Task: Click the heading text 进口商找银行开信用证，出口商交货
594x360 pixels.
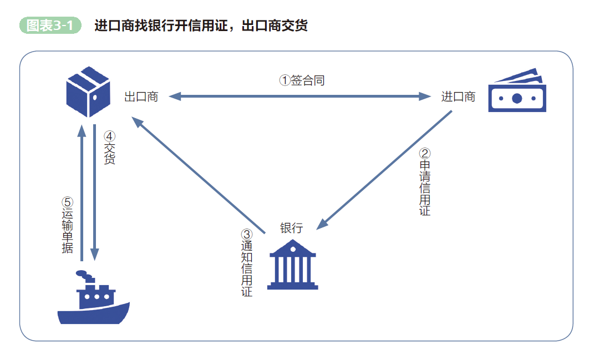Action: [201, 26]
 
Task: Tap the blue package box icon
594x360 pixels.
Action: [88, 92]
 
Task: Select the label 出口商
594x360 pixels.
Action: [141, 97]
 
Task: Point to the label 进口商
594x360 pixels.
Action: [458, 97]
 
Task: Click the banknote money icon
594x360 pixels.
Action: [517, 91]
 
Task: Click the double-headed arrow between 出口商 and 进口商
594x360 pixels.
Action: [300, 97]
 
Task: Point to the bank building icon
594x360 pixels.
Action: [292, 265]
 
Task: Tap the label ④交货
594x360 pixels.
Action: [109, 147]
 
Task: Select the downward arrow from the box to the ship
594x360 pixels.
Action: [95, 194]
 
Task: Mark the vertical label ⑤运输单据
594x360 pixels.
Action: [67, 225]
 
